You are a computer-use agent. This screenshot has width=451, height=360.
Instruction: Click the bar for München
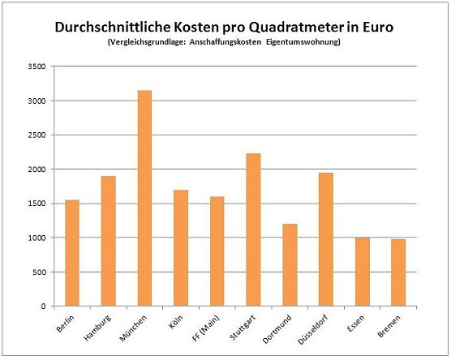click(x=143, y=199)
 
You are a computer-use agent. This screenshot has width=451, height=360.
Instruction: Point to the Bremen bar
click(x=398, y=272)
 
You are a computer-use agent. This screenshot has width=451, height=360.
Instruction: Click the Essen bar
click(x=362, y=272)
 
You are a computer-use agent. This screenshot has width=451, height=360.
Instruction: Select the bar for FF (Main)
click(x=217, y=251)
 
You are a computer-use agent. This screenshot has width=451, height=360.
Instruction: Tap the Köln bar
click(x=181, y=248)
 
